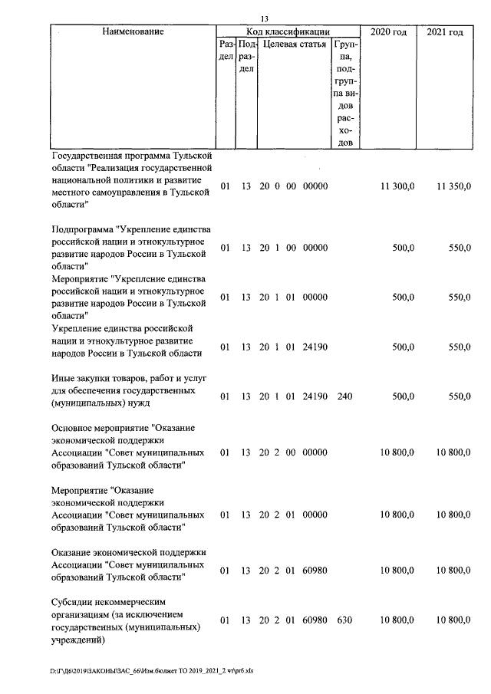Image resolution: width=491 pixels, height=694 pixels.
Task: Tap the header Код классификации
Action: pos(288,32)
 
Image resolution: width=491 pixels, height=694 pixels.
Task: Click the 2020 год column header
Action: pos(388,32)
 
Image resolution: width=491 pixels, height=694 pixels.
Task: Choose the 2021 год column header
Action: pos(445,32)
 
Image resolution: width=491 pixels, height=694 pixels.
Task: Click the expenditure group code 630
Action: pos(344,620)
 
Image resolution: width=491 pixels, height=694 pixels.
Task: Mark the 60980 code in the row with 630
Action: pos(315,620)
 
